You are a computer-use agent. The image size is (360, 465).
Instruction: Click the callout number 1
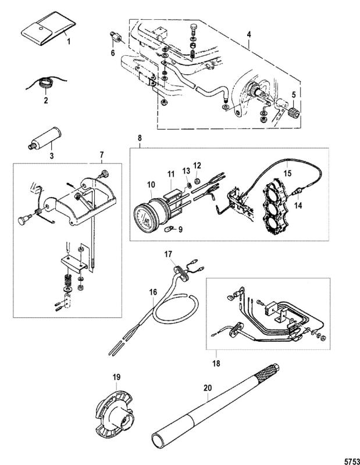click(x=68, y=42)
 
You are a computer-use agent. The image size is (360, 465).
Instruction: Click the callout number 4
click(x=249, y=35)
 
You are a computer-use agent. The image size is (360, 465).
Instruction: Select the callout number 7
click(x=101, y=155)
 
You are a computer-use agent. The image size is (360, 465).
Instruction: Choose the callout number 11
click(x=170, y=175)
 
